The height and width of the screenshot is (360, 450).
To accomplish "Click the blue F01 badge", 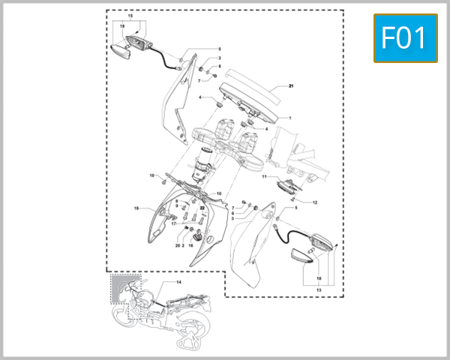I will [x=405, y=37].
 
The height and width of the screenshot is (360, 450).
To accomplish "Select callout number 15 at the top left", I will [x=129, y=16].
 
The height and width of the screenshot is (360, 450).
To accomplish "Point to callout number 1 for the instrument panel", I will [x=291, y=118].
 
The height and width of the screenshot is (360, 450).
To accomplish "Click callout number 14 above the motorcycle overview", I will [x=178, y=282].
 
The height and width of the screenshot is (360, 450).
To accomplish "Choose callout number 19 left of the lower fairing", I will [x=136, y=208].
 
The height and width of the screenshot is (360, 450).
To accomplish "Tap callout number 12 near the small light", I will [x=315, y=202].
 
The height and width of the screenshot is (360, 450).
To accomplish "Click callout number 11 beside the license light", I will [x=264, y=177].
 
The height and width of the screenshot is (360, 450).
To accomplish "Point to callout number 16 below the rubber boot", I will [x=190, y=245].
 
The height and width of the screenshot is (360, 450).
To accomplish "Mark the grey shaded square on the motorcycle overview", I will [x=120, y=286].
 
